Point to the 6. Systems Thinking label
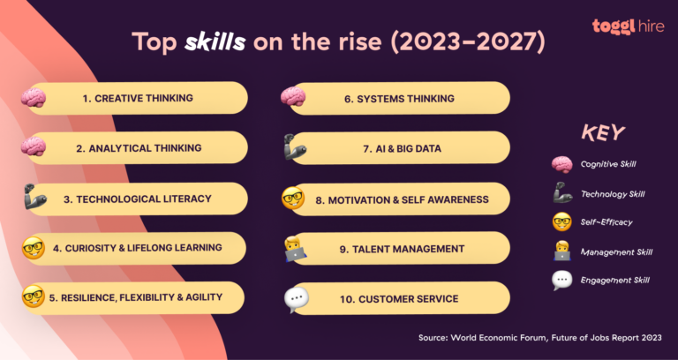tap(399, 98)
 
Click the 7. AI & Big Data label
tap(398, 149)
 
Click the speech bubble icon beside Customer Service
tap(296, 300)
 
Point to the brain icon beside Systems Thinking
tap(292, 95)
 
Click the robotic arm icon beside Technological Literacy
tap(33, 197)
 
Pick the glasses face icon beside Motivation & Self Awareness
tap(293, 199)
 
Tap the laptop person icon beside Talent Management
tap(295, 249)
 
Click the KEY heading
tap(603, 133)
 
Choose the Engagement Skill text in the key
tap(616, 280)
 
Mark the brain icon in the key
tap(562, 164)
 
